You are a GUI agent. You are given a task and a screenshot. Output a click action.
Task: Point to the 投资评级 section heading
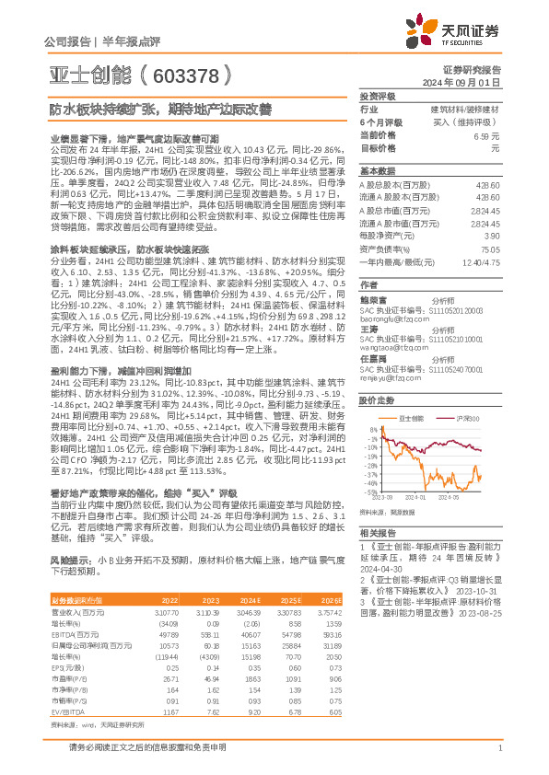pos(377,96)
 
